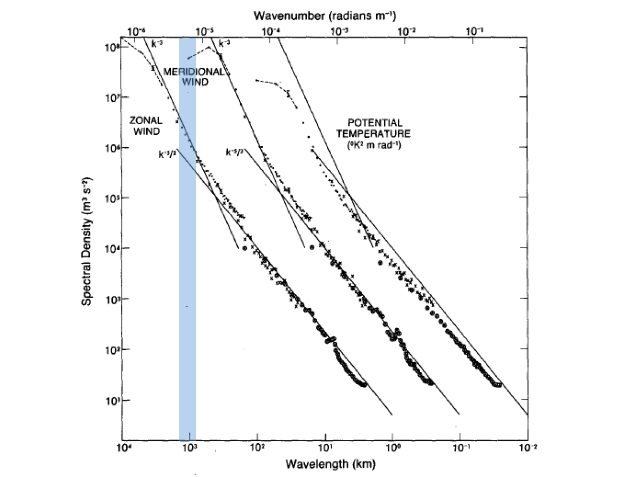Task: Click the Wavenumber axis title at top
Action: coord(325,16)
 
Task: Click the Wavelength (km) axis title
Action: coord(330,464)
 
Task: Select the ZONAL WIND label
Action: coord(146,125)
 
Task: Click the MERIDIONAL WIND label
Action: coord(194,77)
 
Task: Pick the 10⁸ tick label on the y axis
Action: coord(110,46)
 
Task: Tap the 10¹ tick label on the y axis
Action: coord(110,400)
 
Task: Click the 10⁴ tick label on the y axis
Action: coord(110,248)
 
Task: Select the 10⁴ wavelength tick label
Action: coord(123,448)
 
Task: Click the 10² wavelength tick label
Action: coord(257,448)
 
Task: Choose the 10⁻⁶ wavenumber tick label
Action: coord(136,31)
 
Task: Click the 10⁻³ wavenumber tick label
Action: coord(339,31)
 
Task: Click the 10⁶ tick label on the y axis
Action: coord(110,148)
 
